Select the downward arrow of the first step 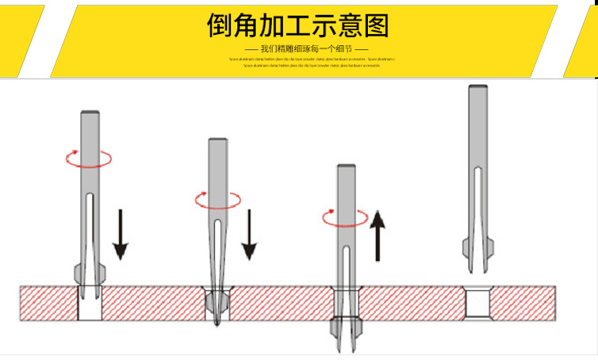pos(119,234)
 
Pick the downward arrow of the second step pos(249,234)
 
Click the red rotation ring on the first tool pos(88,159)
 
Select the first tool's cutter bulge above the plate pos(88,274)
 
